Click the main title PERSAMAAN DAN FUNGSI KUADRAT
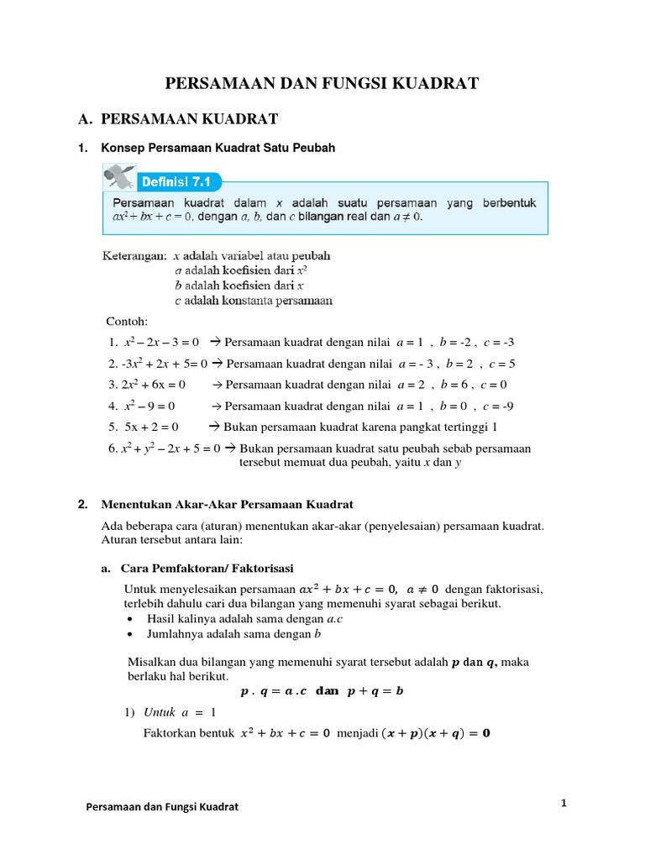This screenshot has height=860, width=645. (322, 82)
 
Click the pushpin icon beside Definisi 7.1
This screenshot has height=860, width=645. (120, 177)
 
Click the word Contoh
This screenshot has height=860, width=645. (127, 321)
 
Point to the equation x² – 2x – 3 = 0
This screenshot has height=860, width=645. (160, 342)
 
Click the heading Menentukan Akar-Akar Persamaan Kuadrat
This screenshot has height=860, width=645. (228, 505)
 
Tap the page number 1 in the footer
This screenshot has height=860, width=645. (564, 804)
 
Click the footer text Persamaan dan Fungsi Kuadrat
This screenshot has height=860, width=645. (163, 807)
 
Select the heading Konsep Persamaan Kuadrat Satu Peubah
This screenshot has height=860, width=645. (218, 148)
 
